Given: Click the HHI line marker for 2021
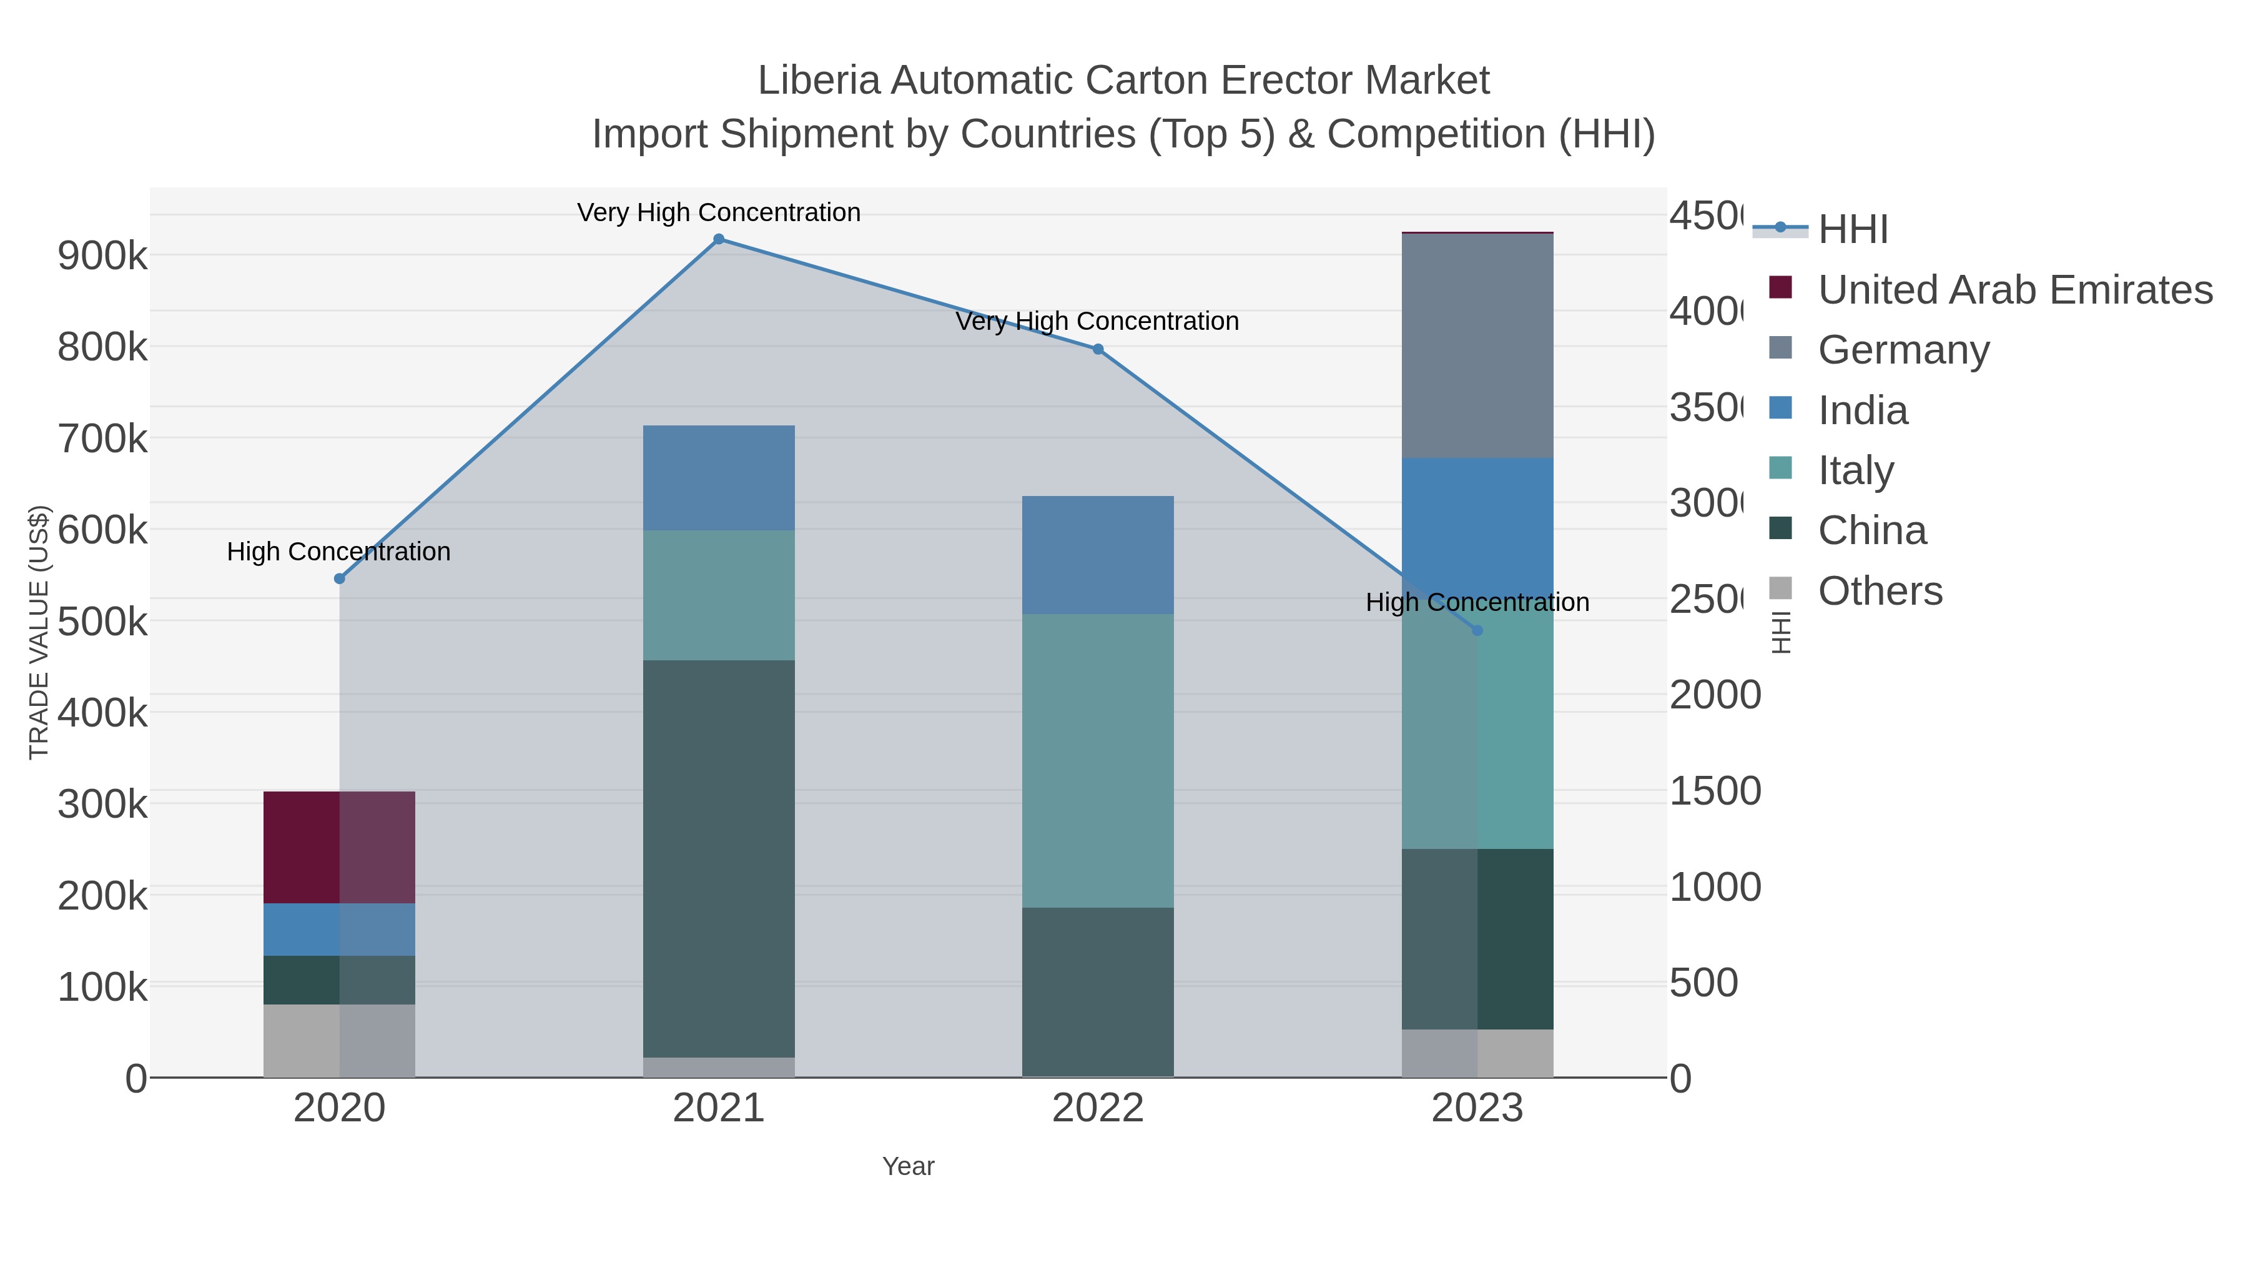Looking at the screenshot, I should [x=718, y=239].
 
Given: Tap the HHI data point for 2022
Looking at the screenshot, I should [x=1098, y=349].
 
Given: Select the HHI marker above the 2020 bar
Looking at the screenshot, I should [x=340, y=579].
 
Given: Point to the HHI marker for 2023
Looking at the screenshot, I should [x=1477, y=630].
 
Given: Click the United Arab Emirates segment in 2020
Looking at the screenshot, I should [x=340, y=847].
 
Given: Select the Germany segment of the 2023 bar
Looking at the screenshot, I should [x=1477, y=345].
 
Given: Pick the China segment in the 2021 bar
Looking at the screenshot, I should [x=718, y=858].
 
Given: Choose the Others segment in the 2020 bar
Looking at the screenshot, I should [x=340, y=1041].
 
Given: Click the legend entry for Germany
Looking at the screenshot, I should [x=1903, y=349].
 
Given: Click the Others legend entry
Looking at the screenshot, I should [x=1879, y=591].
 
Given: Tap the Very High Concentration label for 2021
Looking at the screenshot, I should [x=718, y=212].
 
